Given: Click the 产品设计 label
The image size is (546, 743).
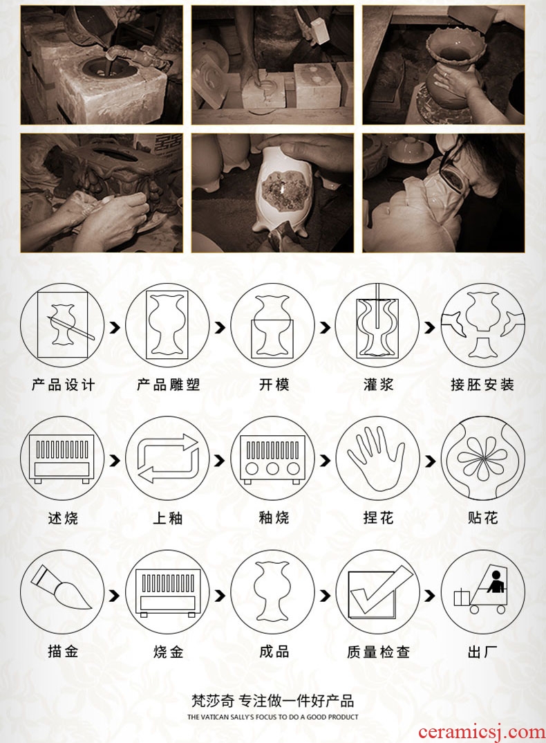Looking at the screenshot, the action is (63, 384).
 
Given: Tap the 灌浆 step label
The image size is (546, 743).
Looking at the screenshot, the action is (378, 384).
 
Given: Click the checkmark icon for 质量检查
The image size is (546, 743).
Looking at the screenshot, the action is (378, 592).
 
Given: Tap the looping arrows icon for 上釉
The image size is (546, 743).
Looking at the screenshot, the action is (168, 459).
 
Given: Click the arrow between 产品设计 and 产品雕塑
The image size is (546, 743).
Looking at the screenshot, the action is (115, 327).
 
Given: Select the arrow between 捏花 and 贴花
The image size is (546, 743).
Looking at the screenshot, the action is (429, 461).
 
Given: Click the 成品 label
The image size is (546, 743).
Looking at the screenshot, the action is (274, 652).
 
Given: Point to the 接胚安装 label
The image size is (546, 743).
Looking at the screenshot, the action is (482, 384).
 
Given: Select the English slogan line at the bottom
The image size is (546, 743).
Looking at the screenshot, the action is (273, 717).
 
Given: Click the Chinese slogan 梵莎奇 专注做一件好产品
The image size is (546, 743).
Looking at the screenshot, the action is (273, 701).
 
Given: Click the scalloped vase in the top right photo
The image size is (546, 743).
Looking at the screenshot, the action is (448, 67).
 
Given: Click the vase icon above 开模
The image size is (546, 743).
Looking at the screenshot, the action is (273, 326).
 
